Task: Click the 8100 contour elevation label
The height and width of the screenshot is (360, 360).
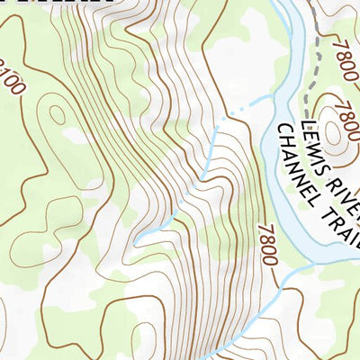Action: pos(11,76)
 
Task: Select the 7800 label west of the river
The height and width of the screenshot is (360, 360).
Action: pos(267,245)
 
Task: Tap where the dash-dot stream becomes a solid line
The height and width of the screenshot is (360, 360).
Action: pos(215,125)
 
